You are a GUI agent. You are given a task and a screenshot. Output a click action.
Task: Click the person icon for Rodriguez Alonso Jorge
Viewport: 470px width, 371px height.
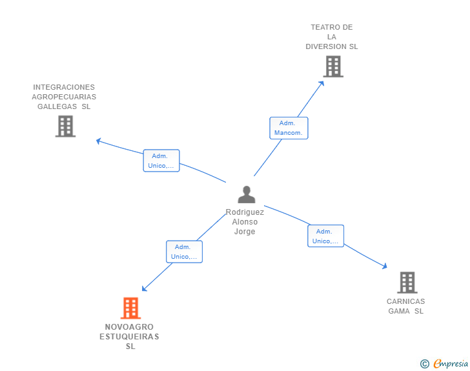(x=247, y=194)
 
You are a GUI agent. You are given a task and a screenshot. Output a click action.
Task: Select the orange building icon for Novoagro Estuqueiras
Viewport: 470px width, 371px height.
(x=130, y=308)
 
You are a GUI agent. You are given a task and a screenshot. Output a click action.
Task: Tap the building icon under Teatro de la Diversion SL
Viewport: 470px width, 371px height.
(x=333, y=66)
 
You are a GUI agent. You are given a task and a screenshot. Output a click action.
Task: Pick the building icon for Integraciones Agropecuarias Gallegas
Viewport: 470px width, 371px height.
(x=65, y=126)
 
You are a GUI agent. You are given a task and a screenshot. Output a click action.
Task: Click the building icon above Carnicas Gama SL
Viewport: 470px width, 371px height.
(x=407, y=283)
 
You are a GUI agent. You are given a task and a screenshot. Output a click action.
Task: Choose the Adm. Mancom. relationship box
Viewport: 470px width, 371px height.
(x=289, y=128)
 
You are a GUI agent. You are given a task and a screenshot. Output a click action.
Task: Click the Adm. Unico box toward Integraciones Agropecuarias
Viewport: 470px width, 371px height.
(x=161, y=161)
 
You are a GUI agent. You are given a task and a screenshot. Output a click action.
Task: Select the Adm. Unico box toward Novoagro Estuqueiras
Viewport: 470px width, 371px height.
(x=185, y=252)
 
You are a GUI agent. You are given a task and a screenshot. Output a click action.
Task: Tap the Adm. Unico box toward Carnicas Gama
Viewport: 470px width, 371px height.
(x=325, y=236)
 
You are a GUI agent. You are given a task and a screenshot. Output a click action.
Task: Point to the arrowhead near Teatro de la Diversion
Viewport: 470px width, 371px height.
(x=322, y=83)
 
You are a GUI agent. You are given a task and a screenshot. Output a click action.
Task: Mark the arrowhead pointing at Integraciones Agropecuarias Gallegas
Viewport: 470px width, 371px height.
(x=98, y=141)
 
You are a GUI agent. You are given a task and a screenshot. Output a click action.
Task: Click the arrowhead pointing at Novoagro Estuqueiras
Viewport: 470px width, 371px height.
(x=144, y=288)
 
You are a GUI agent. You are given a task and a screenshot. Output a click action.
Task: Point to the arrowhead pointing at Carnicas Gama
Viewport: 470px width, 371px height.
(x=385, y=266)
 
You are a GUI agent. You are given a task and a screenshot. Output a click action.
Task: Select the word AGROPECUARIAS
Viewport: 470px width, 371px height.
(x=64, y=97)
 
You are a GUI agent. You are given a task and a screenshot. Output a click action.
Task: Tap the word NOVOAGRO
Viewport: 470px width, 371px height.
(x=129, y=326)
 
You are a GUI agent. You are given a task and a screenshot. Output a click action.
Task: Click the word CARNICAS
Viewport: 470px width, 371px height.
(x=405, y=301)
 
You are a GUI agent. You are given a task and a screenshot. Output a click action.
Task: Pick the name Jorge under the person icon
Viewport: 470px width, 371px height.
(x=245, y=232)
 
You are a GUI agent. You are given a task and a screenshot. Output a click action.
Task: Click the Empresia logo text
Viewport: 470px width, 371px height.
(x=451, y=363)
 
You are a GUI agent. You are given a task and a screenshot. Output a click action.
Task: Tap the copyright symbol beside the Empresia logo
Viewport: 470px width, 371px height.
(x=424, y=364)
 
